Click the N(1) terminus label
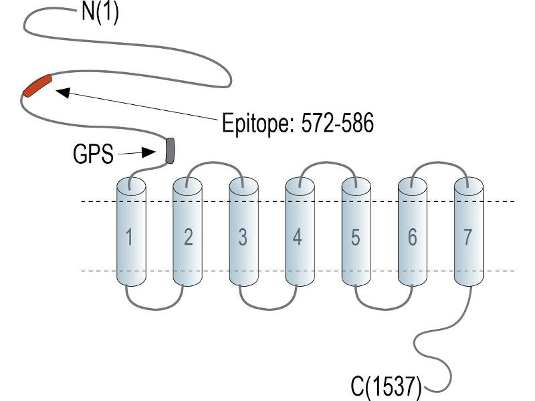pos(100,13)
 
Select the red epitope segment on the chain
pos(37,86)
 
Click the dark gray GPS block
pos(170,150)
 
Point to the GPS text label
pos(93,154)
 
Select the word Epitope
pos(258,124)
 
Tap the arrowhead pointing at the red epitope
pos(62,92)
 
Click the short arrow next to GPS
pos(137,153)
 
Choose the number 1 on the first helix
pos(129,237)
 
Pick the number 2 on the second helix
pos(189,237)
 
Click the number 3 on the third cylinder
pos(243,237)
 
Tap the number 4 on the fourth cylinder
pos(297,237)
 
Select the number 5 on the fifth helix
pos(355,237)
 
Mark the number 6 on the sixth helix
pos(412,237)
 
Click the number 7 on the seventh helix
pos(467,237)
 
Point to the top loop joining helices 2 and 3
pos(214,163)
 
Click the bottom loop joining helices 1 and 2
pos(155,309)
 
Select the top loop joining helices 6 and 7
pos(439,162)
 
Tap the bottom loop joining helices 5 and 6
pos(384,309)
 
